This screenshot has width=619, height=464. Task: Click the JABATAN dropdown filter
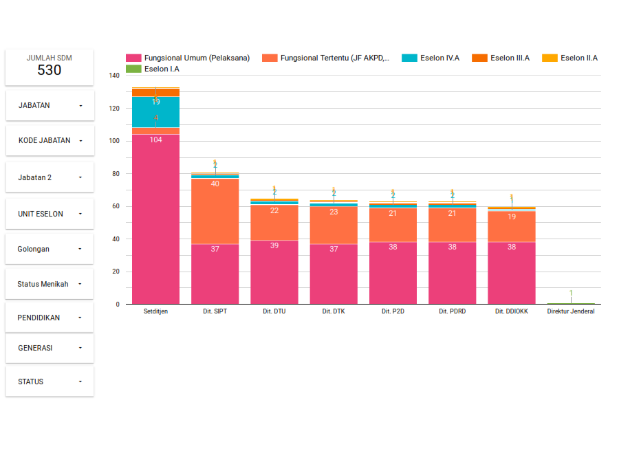50,106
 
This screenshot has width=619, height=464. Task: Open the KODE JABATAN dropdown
50,140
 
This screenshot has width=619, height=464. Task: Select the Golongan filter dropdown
50,249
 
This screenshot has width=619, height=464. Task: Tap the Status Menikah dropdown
50,284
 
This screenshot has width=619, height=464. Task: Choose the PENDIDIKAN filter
50,318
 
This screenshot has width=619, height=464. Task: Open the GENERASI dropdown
50,348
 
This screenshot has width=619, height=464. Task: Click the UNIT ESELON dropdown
50,214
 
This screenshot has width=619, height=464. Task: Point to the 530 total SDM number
50,70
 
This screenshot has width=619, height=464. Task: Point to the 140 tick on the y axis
114,76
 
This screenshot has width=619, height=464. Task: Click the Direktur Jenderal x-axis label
571,311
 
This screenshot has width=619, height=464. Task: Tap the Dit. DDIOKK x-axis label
512,311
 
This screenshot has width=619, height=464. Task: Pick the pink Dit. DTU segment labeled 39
274,272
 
